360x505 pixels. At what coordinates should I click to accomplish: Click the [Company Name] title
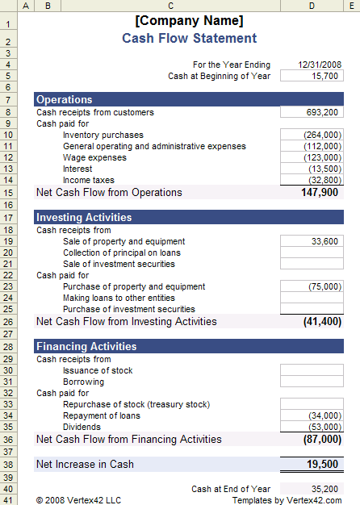pos(189,21)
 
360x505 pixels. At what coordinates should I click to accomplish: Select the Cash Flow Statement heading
pos(189,39)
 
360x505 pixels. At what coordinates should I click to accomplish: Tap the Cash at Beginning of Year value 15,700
pos(312,76)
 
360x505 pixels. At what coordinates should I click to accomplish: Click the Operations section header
pos(65,100)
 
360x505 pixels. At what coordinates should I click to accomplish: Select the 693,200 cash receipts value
pos(312,112)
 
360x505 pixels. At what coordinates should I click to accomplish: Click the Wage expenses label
pos(94,157)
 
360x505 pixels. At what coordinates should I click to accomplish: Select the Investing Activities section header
pos(83,218)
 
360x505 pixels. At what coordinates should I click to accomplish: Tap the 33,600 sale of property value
pos(312,241)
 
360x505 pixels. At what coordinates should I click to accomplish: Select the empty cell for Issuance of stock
pos(312,370)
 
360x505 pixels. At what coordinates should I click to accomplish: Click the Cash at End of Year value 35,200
pos(312,489)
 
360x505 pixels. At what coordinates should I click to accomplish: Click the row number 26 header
pos(8,322)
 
